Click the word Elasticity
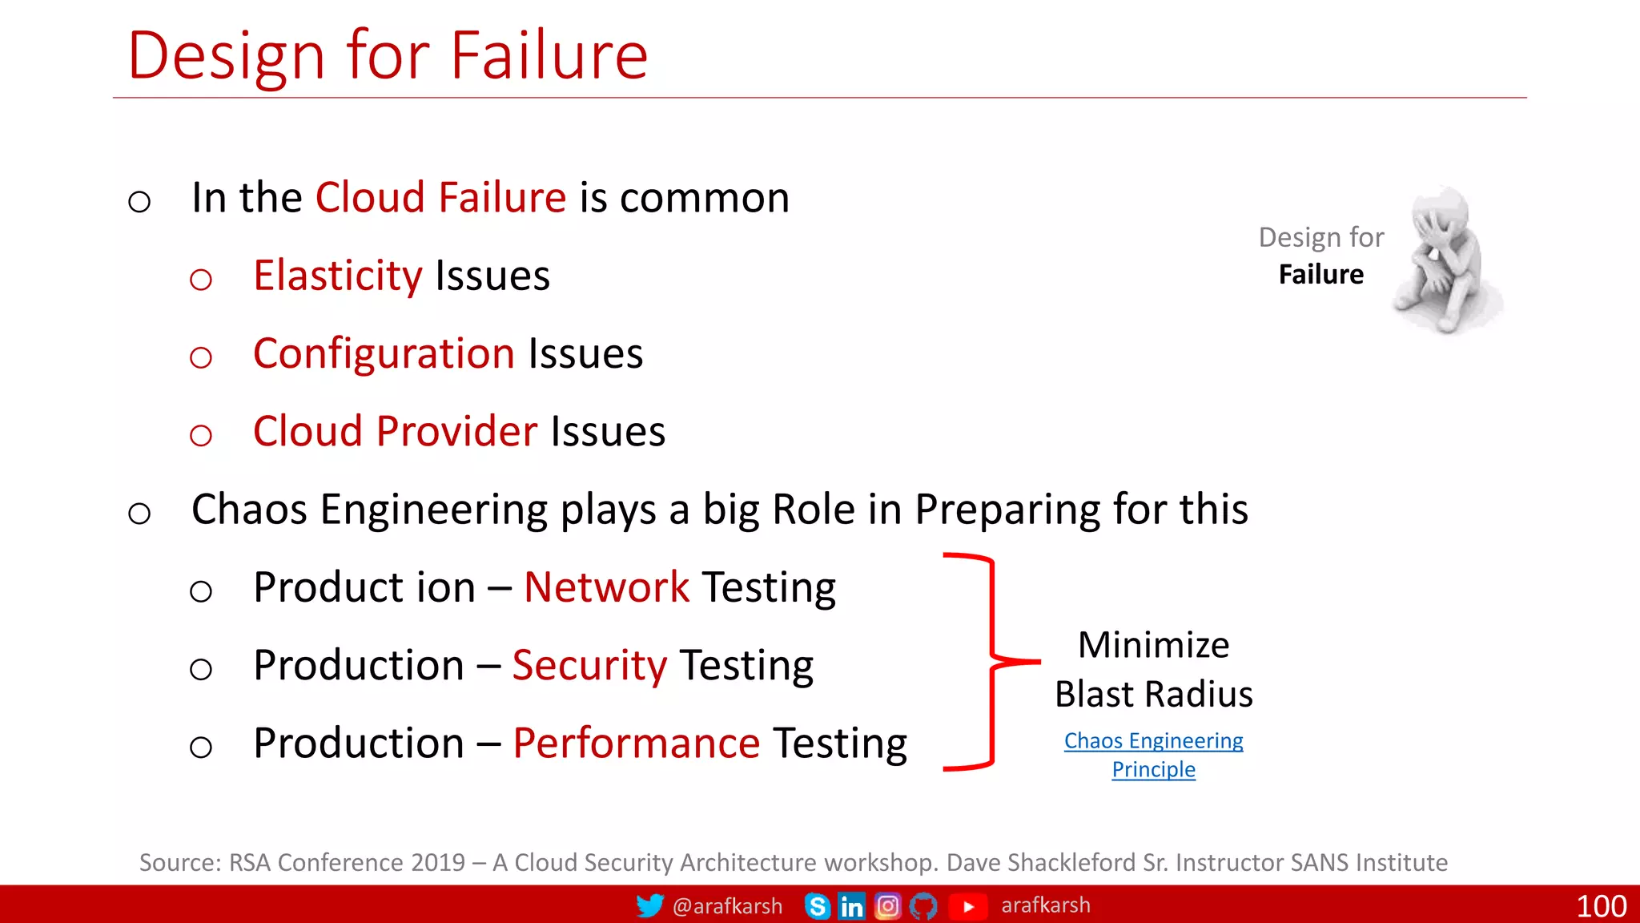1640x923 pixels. point(337,276)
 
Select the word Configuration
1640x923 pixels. point(384,354)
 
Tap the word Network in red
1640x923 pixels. point(606,587)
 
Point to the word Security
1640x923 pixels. point(589,666)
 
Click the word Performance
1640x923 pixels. point(636,744)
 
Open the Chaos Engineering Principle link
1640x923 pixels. point(1153,754)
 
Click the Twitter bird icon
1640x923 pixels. point(649,905)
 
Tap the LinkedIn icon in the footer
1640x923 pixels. point(851,906)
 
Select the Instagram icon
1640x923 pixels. point(887,906)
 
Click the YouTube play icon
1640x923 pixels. point(967,906)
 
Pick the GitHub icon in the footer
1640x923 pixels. point(923,906)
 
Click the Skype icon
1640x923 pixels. point(818,906)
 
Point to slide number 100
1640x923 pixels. point(1601,906)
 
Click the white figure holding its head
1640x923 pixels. point(1445,260)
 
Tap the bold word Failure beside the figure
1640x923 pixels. point(1320,275)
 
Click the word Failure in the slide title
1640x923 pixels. point(549,56)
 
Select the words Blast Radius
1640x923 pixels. point(1153,694)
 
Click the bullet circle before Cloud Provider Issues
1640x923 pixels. point(201,435)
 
